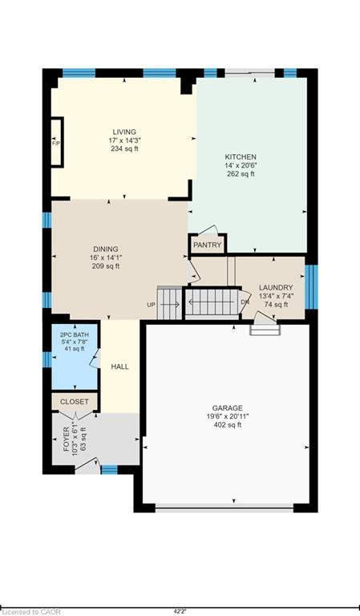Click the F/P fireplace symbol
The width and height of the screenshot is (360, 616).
pos(57,143)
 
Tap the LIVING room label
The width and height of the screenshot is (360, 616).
pos(124,132)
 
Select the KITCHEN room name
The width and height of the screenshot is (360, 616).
pos(241,156)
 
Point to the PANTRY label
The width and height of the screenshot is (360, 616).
pos(208,245)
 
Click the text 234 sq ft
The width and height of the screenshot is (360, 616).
pos(124,148)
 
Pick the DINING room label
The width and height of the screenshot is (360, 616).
pos(106,249)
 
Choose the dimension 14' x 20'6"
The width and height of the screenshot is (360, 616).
pos(241,165)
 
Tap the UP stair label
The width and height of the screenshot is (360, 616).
pos(152,305)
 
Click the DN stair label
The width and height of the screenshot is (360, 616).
pos(245,302)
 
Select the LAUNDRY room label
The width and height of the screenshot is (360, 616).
pos(276,288)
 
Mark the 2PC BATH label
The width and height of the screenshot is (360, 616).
pos(75,335)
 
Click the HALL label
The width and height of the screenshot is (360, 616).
pos(119,367)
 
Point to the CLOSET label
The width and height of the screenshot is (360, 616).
pos(75,402)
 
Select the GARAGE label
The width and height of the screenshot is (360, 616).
pos(228,408)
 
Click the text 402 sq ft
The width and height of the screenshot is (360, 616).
pos(228,424)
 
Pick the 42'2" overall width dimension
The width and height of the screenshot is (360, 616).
pos(180,611)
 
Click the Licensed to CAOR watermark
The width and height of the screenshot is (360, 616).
pos(30,612)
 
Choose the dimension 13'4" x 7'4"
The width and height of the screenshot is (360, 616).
pos(276,296)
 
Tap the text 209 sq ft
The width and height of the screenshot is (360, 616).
pos(106,266)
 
